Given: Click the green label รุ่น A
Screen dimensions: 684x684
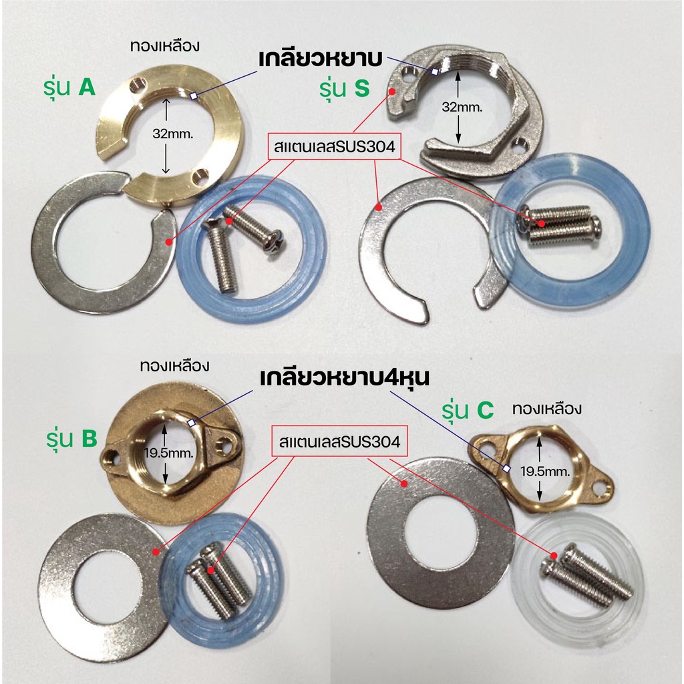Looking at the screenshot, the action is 69,88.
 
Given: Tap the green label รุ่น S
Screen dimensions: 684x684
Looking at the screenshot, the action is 344,89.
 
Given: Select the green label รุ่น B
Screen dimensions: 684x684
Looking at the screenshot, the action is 72,438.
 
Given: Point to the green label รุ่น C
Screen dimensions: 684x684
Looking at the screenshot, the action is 468,411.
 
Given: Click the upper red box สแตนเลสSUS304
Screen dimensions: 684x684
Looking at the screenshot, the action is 334,146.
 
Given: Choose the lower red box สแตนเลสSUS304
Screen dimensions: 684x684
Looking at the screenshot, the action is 339,442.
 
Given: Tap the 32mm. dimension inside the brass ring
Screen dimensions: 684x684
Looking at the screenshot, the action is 173,134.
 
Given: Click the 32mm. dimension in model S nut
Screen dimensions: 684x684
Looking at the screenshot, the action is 462,107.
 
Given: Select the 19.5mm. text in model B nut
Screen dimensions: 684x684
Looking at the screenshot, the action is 168,453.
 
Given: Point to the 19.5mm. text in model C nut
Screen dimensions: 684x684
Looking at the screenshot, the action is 545,471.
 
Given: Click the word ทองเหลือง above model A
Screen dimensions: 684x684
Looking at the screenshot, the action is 165,46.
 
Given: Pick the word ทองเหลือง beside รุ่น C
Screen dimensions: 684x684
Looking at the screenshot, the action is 547,409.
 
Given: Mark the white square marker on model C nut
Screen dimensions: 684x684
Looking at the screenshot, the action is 506,468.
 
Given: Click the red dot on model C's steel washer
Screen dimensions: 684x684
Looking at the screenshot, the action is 404,484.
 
